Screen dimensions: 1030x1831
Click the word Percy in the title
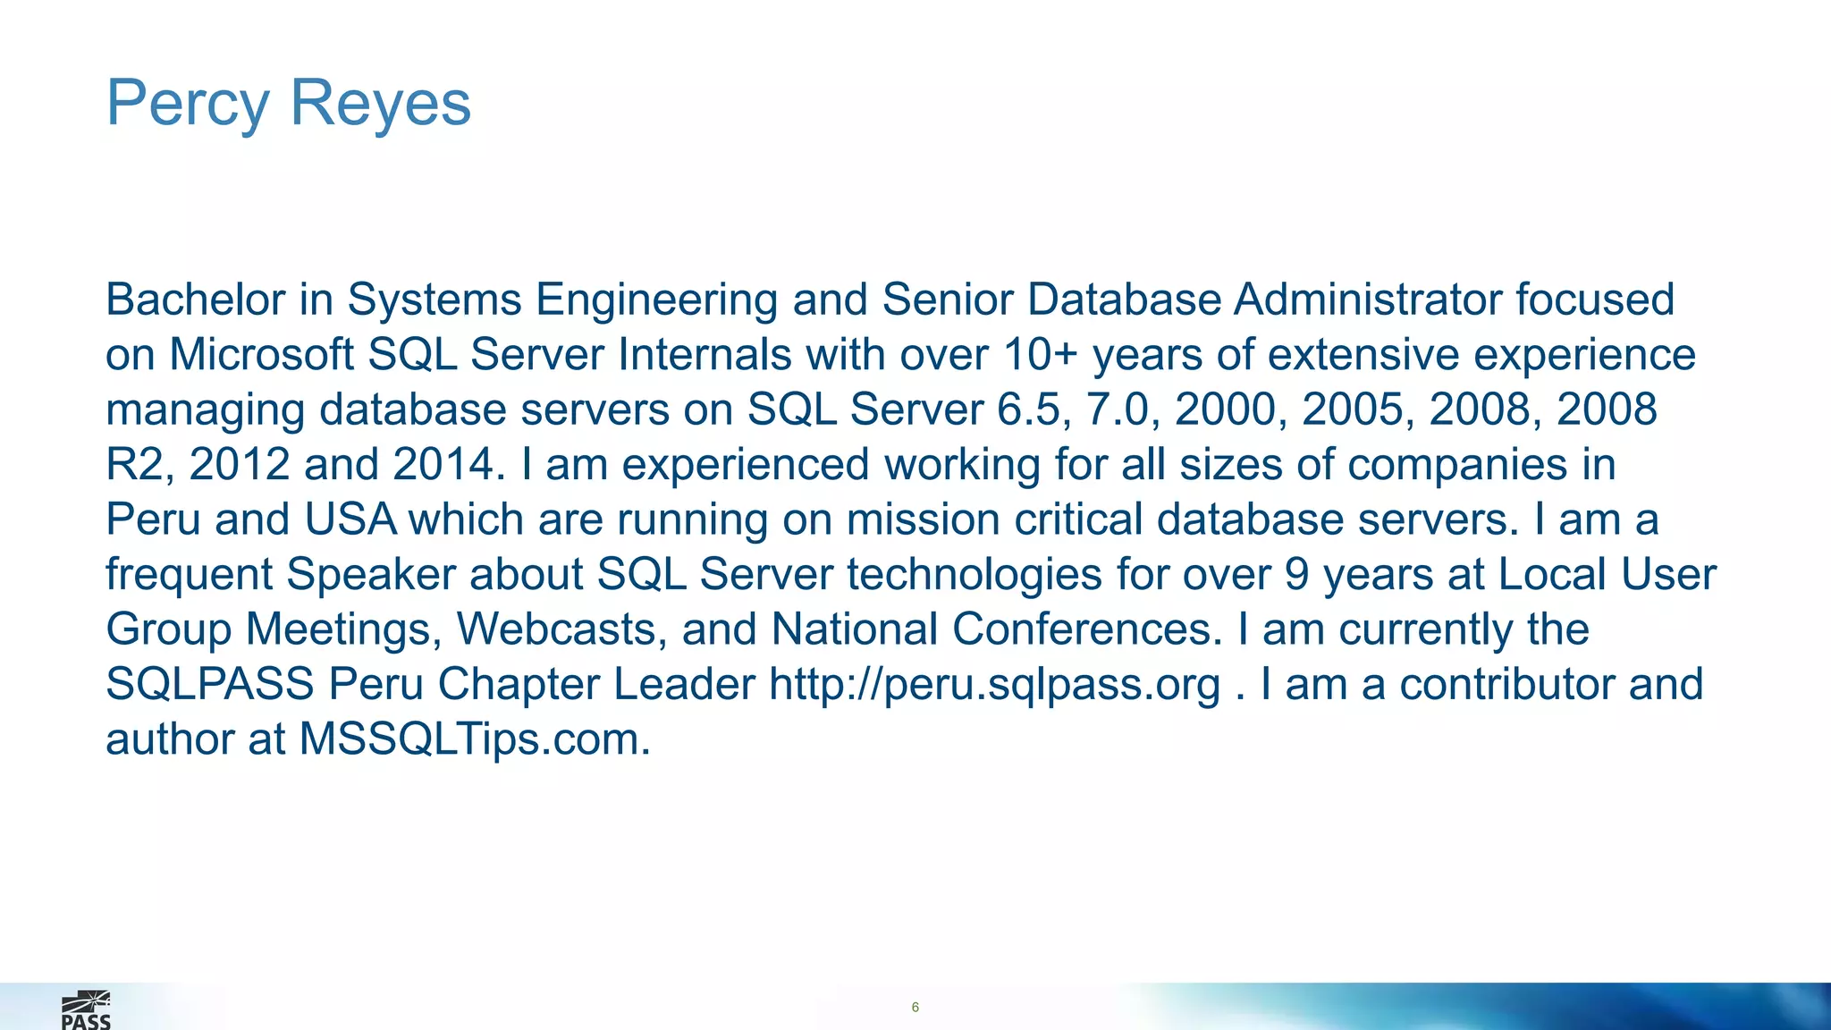tap(187, 105)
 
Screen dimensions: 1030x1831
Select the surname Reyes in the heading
tap(380, 103)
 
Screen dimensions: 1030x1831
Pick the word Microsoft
tap(261, 355)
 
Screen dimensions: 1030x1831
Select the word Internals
tap(705, 355)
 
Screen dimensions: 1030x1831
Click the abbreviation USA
tap(350, 520)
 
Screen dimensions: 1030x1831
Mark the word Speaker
tap(371, 575)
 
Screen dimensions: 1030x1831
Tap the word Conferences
tap(1086, 629)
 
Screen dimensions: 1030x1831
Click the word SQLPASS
tap(210, 685)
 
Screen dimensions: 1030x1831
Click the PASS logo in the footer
tap(86, 1010)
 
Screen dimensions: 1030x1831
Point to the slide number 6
tap(915, 1008)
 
